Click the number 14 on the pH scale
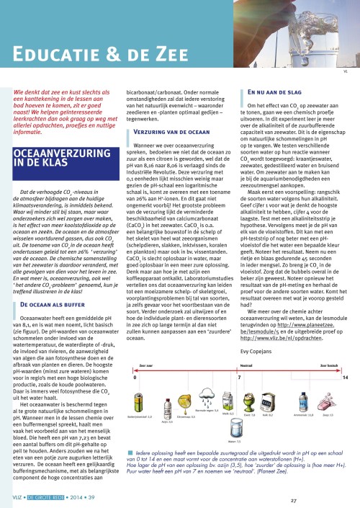(345, 378)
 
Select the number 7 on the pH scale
(238, 378)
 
